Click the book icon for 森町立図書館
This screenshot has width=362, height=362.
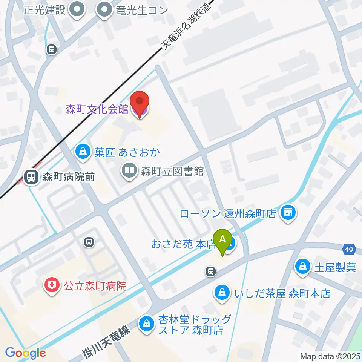coord(129,171)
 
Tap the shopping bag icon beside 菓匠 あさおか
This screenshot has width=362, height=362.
coord(82,152)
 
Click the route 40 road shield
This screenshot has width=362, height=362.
coord(350,249)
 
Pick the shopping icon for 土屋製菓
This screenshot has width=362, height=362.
coord(303,267)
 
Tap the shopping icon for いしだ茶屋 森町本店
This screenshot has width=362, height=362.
coord(222,293)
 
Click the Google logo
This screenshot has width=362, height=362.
coord(25,353)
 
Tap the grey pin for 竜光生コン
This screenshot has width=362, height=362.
coord(104,10)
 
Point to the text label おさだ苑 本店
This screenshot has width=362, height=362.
coord(183,244)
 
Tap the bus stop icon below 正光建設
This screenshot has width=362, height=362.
coord(52,49)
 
